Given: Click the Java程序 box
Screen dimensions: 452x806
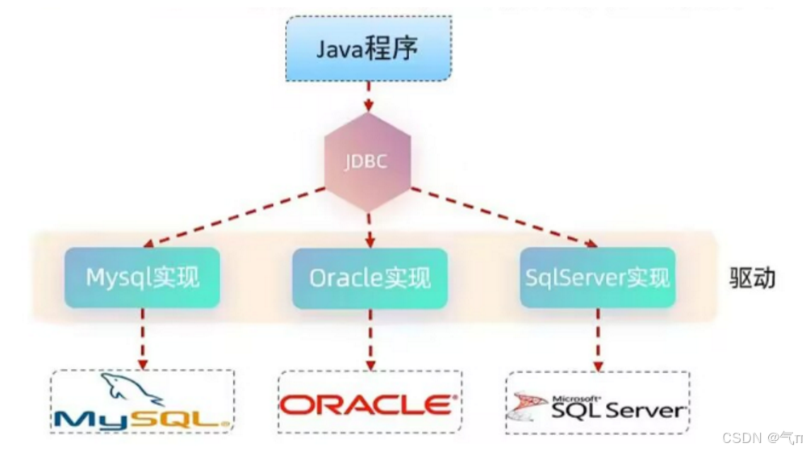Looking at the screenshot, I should pos(367,48).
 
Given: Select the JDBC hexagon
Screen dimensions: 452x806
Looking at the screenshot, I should pos(367,161).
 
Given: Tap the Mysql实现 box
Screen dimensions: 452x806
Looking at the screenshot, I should pos(142,278).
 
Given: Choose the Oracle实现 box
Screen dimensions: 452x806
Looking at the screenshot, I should pos(370,278).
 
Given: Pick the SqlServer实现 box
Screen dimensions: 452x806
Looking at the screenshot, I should pos(597,278).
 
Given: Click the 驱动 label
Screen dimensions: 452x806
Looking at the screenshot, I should pos(751,278).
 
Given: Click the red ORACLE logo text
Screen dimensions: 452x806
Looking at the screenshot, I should pos(367,404).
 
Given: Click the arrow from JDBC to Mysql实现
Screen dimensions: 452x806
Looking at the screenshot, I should pos(234,216).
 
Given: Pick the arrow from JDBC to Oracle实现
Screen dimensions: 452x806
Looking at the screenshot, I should pos(369,230).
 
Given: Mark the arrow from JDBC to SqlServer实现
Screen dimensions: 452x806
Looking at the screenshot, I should pos(504,216).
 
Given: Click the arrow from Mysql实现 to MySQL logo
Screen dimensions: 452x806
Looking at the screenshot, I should pos(142,339).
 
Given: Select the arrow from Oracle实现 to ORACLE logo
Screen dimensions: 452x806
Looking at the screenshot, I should pos(370,339).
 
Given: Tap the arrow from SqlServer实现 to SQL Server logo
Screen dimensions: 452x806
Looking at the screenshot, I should pos(598,339).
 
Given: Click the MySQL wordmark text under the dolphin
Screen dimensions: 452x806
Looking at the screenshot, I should pos(142,418).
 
